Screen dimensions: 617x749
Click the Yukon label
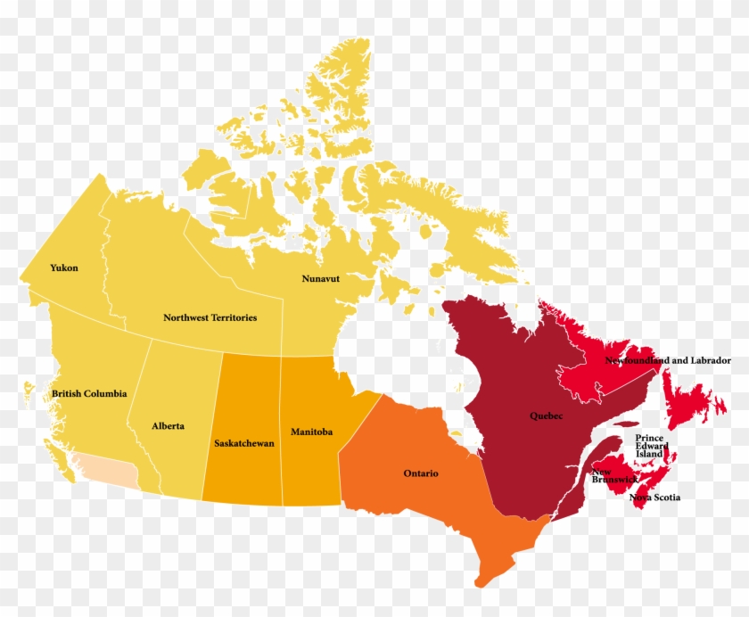[64, 267]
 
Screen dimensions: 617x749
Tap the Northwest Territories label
[210, 317]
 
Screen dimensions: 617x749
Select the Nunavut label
[326, 278]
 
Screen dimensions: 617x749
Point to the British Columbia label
[89, 393]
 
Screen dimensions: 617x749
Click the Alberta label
[168, 426]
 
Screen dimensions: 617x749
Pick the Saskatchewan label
[243, 442]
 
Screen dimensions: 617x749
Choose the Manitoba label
[311, 432]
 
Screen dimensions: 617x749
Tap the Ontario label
[421, 473]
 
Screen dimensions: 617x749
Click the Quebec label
[546, 415]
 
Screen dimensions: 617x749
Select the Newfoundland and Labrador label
[668, 361]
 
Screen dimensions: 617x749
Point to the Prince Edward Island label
[649, 446]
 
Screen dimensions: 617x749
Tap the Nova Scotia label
[655, 497]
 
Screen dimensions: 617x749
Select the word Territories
[229, 317]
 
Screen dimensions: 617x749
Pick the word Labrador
[709, 361]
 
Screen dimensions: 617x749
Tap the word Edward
[649, 446]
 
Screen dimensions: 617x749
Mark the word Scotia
[666, 497]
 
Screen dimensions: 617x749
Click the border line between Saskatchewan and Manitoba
[282, 428]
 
